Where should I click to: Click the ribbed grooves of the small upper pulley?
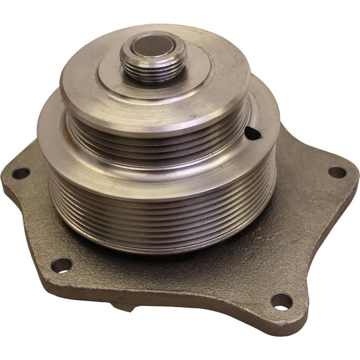[157, 135]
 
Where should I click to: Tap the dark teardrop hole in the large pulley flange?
[252, 133]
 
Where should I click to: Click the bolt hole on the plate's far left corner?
[21, 173]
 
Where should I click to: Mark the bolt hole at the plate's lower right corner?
[282, 301]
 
